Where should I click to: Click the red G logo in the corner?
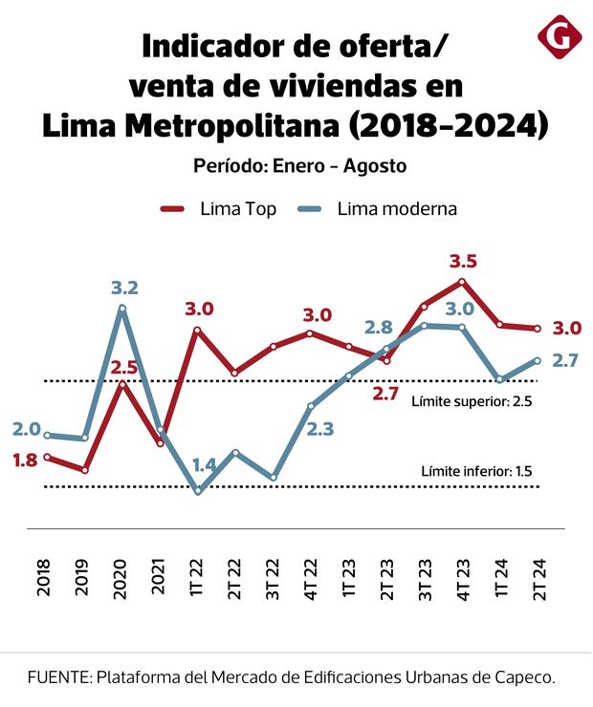point(560,35)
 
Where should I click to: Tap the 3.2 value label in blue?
point(124,288)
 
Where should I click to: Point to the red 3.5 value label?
point(462,261)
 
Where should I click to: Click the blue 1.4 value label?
point(204,464)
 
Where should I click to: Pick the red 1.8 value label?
point(25,460)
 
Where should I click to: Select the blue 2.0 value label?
point(27,429)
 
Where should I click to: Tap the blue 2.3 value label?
point(320,429)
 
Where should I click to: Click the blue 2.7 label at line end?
point(566,360)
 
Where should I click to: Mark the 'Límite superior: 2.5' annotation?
point(471,401)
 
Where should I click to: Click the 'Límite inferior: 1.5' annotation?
point(475,471)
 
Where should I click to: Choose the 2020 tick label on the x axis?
point(121,579)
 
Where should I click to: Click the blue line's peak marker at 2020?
point(122,308)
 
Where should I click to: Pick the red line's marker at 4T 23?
point(462,282)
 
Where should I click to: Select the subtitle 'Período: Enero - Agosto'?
point(299,165)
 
